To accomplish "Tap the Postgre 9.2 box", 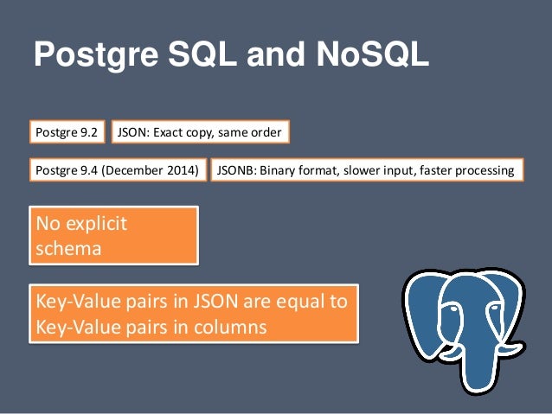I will (67, 132).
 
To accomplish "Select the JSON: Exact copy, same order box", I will (199, 132).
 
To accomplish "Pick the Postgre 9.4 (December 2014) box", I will (119, 170).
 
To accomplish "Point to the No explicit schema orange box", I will (114, 234).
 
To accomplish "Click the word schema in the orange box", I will (67, 248).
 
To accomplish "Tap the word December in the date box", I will (144, 170).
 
